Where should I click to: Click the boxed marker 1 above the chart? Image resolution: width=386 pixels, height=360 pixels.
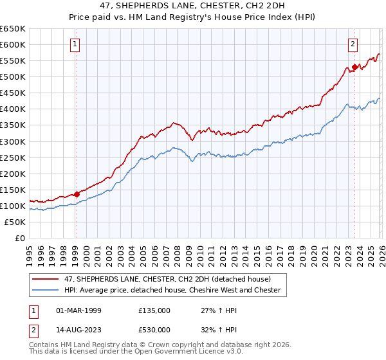click(76, 44)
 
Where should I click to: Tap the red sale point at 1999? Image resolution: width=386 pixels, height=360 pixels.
click(77, 194)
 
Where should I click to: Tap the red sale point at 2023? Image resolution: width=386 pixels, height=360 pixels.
click(354, 67)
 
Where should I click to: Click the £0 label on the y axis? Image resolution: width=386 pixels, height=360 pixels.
click(19, 238)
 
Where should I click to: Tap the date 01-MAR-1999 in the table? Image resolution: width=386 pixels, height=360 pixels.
click(75, 310)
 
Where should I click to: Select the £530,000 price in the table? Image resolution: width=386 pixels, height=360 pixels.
click(154, 329)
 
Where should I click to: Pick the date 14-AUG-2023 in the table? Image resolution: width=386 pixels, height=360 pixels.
click(75, 329)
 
